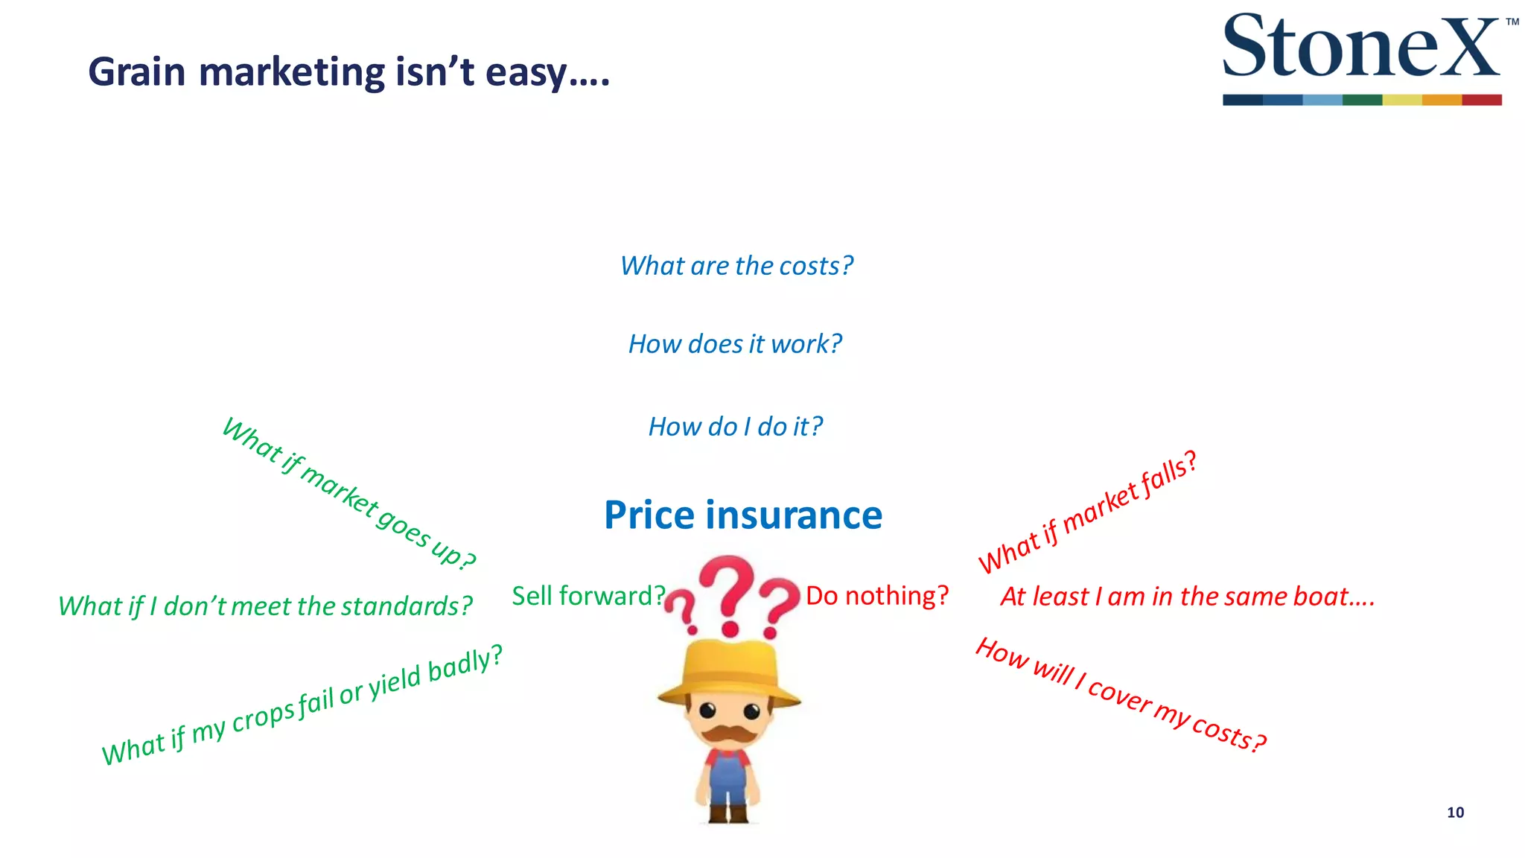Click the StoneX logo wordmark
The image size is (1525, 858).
tap(1361, 46)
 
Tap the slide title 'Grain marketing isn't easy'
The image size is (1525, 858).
tap(348, 73)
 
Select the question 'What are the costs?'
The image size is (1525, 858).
tap(736, 266)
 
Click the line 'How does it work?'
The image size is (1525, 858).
tap(735, 344)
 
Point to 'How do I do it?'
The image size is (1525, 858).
tap(735, 427)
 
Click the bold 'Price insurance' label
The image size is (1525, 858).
tap(743, 515)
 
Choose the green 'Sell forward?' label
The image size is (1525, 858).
tap(588, 596)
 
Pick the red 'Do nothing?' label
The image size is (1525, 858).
tap(877, 596)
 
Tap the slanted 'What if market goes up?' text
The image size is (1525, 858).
tap(348, 494)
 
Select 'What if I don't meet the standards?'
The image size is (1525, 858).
tap(265, 606)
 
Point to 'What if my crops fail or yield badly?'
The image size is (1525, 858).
tap(302, 705)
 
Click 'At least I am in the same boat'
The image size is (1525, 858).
tap(1187, 597)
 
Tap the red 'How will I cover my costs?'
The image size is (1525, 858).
tap(1121, 695)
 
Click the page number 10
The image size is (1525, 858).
tap(1455, 813)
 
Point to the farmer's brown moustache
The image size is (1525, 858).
tap(728, 734)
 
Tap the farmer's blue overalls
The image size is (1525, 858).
tap(727, 778)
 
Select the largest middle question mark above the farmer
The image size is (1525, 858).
tap(728, 592)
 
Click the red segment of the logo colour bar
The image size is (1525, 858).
tap(1481, 100)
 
